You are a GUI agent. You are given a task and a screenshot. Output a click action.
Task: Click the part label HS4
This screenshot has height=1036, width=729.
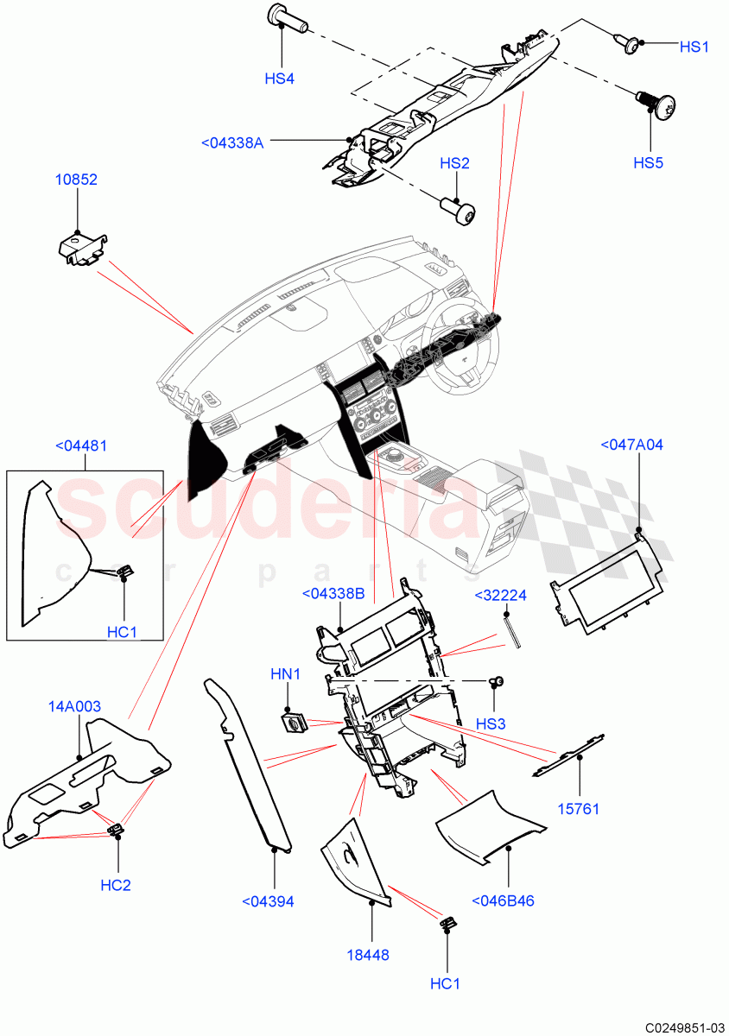tap(279, 79)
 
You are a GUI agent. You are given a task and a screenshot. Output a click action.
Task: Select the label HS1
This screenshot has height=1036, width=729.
tap(693, 47)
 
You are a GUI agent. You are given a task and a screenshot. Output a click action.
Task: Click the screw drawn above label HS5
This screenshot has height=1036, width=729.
tap(655, 104)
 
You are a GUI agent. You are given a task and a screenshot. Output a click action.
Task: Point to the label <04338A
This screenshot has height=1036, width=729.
tap(231, 143)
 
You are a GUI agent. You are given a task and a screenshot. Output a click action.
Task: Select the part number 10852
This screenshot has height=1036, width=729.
tap(77, 180)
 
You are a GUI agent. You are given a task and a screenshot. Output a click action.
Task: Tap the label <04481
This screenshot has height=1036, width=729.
tap(81, 446)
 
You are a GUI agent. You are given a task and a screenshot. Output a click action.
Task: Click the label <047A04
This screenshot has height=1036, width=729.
tap(631, 445)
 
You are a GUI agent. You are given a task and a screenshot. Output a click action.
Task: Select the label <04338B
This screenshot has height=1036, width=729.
tap(333, 594)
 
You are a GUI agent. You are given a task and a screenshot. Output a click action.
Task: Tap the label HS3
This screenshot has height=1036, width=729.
tap(491, 723)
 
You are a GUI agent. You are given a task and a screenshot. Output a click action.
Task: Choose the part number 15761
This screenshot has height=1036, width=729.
tap(578, 809)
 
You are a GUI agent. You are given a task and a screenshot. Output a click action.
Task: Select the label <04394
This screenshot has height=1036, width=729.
tap(269, 902)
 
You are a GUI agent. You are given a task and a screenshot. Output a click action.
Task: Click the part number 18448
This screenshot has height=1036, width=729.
tap(369, 956)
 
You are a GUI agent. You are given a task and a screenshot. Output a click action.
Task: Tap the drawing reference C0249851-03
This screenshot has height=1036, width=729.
tap(680, 1027)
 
